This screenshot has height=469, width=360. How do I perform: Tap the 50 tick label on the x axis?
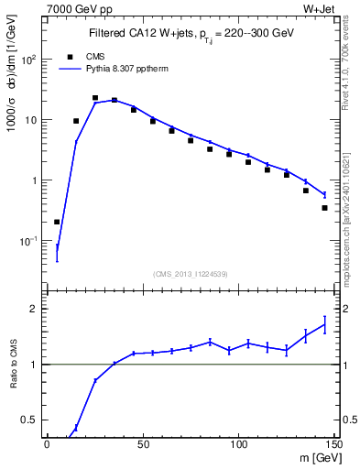[142, 444]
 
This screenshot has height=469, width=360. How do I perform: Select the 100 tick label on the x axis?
[237, 444]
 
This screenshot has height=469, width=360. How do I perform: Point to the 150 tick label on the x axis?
[333, 444]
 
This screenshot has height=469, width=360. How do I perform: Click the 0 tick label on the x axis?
[47, 444]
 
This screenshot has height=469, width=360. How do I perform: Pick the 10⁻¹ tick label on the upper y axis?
[29, 241]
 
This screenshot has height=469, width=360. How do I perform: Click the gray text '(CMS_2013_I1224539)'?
[191, 273]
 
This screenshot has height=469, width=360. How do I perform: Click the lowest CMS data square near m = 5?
[57, 222]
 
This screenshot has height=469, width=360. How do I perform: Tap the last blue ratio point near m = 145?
[324, 324]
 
